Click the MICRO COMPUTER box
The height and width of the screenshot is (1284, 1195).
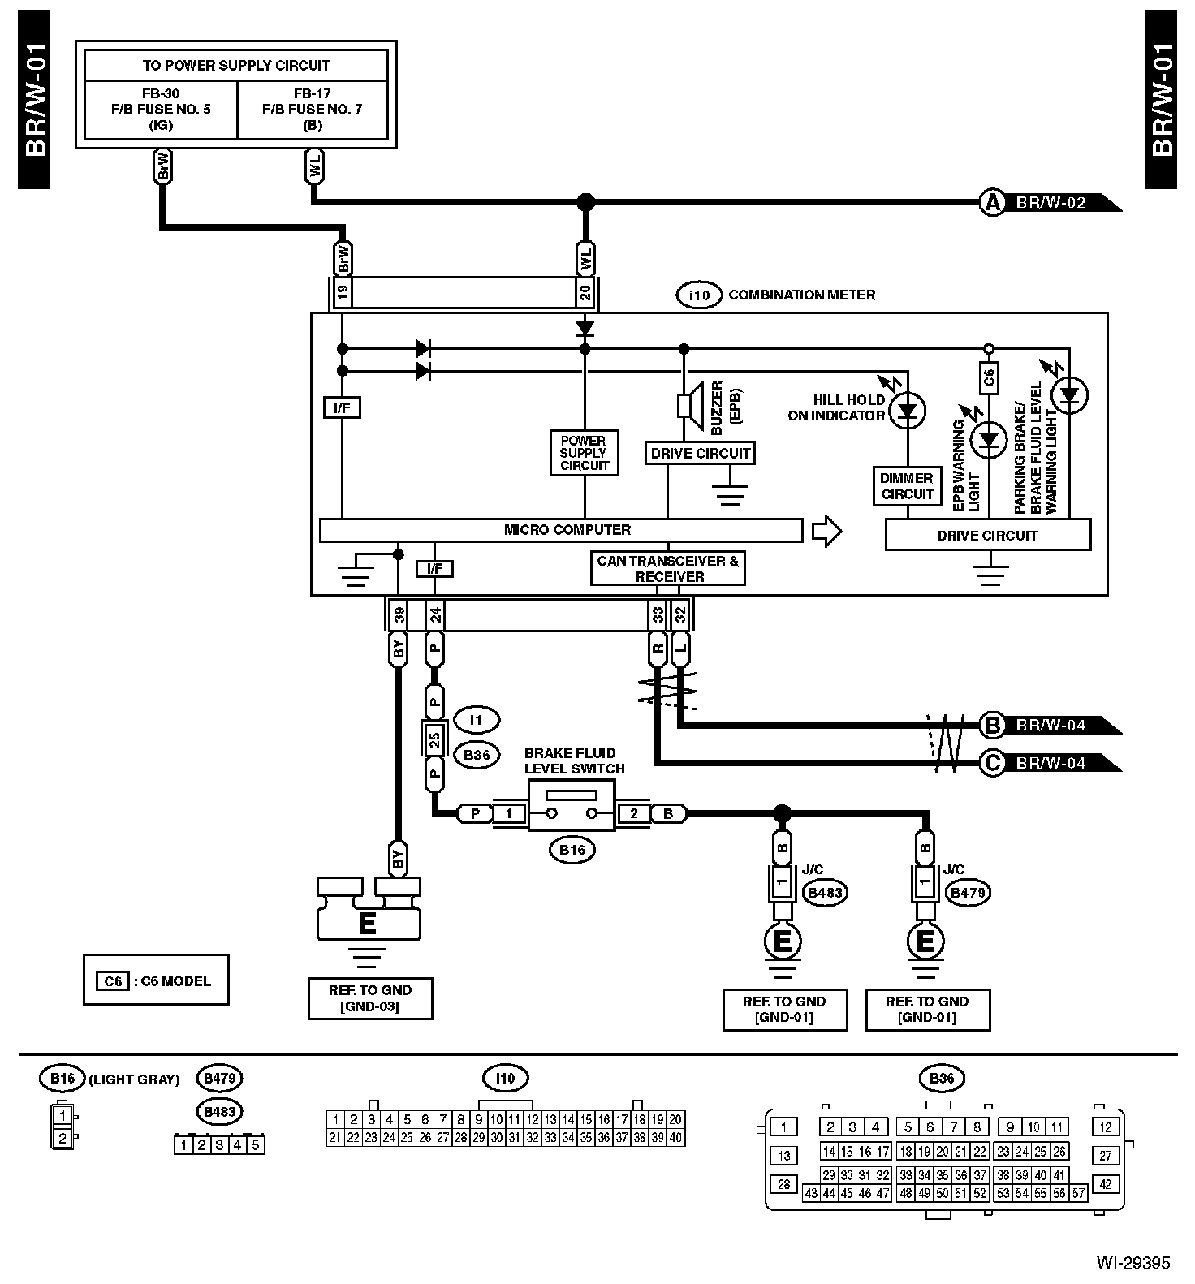[561, 530]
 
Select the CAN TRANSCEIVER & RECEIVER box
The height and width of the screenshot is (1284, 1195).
[668, 569]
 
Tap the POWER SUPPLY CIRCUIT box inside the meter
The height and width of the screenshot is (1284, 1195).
[584, 453]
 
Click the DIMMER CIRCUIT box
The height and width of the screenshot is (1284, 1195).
[907, 485]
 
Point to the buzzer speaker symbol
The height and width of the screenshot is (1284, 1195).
[688, 404]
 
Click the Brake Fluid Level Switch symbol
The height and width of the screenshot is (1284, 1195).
[572, 805]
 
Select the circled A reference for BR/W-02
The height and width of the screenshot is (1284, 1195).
[992, 202]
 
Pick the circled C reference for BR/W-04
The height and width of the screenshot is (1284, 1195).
[992, 763]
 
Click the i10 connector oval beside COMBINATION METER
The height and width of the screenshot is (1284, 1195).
[699, 295]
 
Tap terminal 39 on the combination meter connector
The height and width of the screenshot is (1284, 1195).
[398, 615]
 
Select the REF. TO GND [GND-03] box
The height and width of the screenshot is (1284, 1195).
[370, 998]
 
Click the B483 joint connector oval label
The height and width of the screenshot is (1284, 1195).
[825, 893]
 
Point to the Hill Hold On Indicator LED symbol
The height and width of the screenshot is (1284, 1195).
[907, 412]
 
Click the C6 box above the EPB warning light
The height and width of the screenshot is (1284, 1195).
[989, 377]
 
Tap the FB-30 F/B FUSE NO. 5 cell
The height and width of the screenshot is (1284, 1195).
[161, 110]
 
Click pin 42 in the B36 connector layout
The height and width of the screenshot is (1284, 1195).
[1105, 1184]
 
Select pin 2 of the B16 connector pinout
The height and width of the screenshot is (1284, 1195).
[62, 1139]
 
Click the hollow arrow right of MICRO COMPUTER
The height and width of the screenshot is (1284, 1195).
[826, 531]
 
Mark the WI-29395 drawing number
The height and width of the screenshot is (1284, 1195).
[1133, 1263]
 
